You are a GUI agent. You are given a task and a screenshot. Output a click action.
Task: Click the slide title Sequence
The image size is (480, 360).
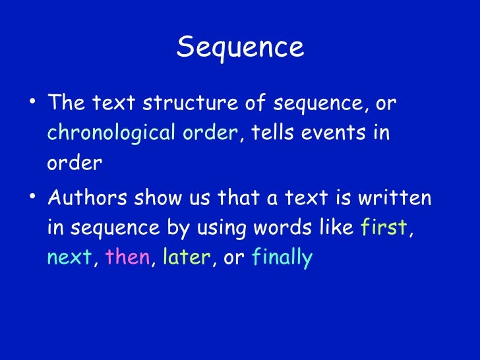[240, 47]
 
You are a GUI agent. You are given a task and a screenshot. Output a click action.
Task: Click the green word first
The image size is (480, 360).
[384, 227]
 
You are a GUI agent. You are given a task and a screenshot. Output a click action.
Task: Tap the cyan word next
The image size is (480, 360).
[68, 258]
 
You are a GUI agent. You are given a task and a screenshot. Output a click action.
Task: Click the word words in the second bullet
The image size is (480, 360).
[287, 227]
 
